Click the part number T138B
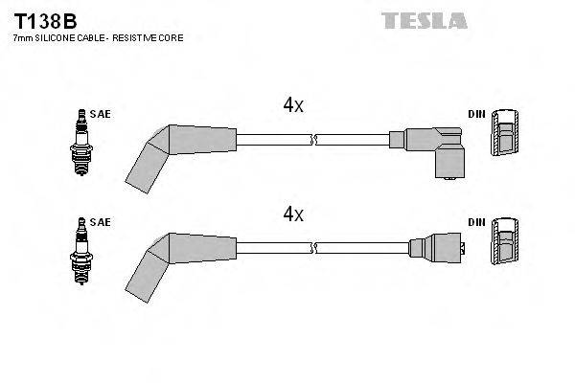(45, 18)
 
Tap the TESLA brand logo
(424, 19)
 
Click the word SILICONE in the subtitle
(61, 37)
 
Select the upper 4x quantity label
(292, 105)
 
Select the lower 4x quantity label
(292, 214)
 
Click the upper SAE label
(101, 114)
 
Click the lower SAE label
(101, 222)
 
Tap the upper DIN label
(476, 114)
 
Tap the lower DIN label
(476, 222)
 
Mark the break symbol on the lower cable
(312, 248)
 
